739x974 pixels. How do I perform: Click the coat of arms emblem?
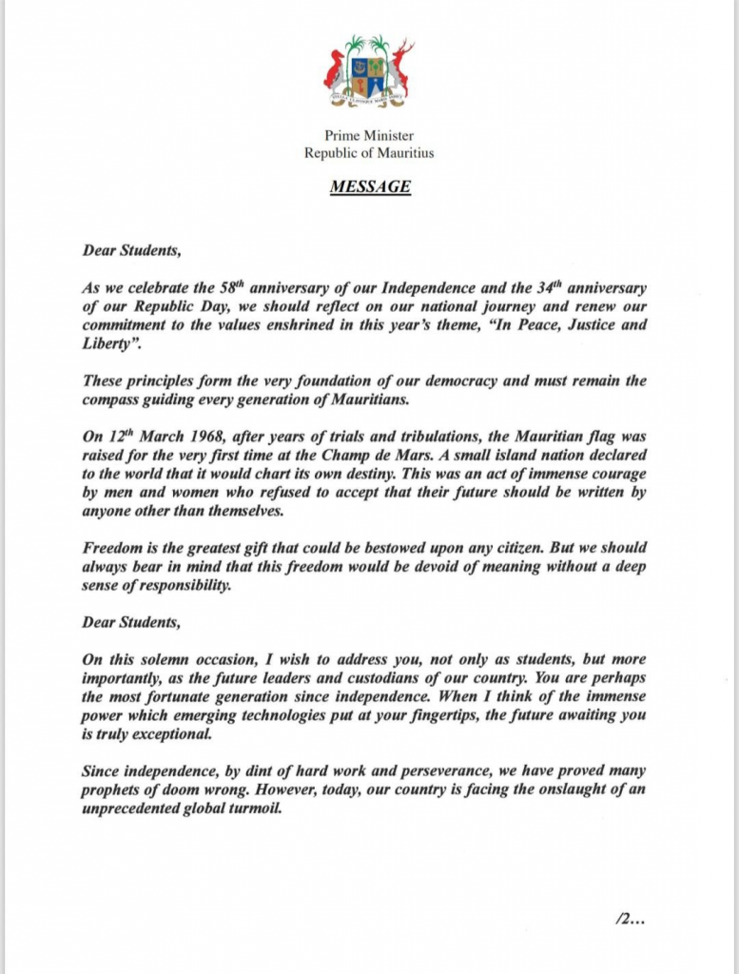369,74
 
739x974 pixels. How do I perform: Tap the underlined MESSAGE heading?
370,186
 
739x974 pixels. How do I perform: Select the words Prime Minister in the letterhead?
369,136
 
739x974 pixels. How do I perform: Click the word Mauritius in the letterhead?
403,152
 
